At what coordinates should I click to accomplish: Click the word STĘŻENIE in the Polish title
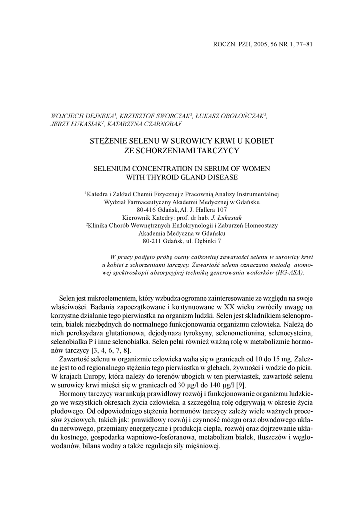click(110, 141)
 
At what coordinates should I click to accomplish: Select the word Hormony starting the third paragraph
click(74, 394)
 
